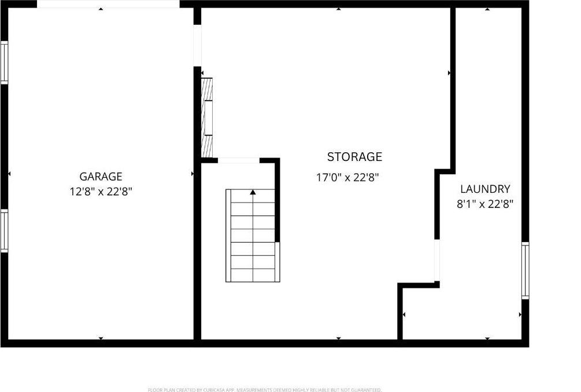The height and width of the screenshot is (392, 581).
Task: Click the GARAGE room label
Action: tap(101, 177)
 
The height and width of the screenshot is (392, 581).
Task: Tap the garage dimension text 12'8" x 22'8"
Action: tap(101, 192)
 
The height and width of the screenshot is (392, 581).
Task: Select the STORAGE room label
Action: tap(354, 157)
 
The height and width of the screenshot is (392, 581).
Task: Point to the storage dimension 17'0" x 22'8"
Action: tap(347, 178)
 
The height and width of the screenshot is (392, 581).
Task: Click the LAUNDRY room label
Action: tap(485, 189)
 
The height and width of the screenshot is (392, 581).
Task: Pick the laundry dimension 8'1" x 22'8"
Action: tap(485, 204)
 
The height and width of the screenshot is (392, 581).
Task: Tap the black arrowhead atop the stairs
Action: tap(253, 192)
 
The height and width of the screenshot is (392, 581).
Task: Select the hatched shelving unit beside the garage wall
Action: tap(207, 117)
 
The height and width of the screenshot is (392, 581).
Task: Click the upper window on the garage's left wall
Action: tap(4, 62)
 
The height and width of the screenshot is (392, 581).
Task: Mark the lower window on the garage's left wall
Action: tap(4, 230)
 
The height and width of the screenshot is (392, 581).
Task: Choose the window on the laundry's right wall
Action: tap(525, 270)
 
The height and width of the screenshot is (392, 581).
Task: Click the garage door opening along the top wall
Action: tap(108, 4)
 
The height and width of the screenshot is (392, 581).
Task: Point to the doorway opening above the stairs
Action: tap(238, 160)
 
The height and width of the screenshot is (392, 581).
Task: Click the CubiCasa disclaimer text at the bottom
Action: tap(265, 390)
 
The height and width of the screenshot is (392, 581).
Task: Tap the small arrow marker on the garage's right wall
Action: tap(192, 173)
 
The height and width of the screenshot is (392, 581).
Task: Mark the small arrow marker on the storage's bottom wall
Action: tap(338, 338)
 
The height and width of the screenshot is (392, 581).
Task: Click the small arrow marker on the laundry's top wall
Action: tap(487, 9)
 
